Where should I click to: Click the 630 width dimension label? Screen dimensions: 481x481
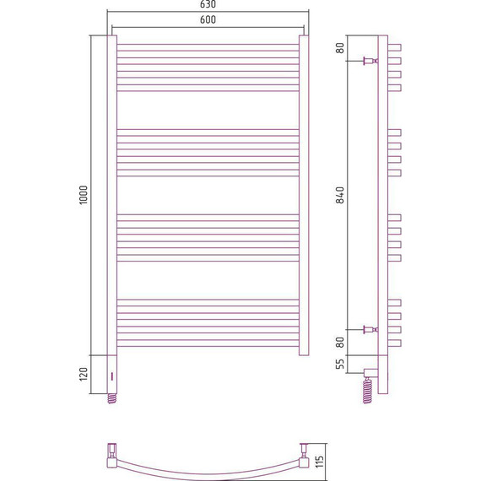pyautogui.click(x=208, y=4)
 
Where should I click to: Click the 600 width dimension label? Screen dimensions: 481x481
pyautogui.click(x=208, y=19)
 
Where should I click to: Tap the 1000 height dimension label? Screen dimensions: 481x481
pyautogui.click(x=84, y=195)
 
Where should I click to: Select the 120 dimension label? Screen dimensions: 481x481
pyautogui.click(x=84, y=374)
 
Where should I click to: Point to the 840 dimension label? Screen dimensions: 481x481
pyautogui.click(x=340, y=195)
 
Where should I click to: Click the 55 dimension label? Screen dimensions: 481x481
pyautogui.click(x=340, y=364)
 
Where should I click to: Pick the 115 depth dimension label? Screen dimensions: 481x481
pyautogui.click(x=320, y=462)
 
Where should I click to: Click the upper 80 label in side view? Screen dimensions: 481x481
pyautogui.click(x=340, y=48)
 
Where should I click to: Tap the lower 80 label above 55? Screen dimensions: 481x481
pyautogui.click(x=340, y=342)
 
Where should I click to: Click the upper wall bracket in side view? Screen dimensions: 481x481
pyautogui.click(x=370, y=61)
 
